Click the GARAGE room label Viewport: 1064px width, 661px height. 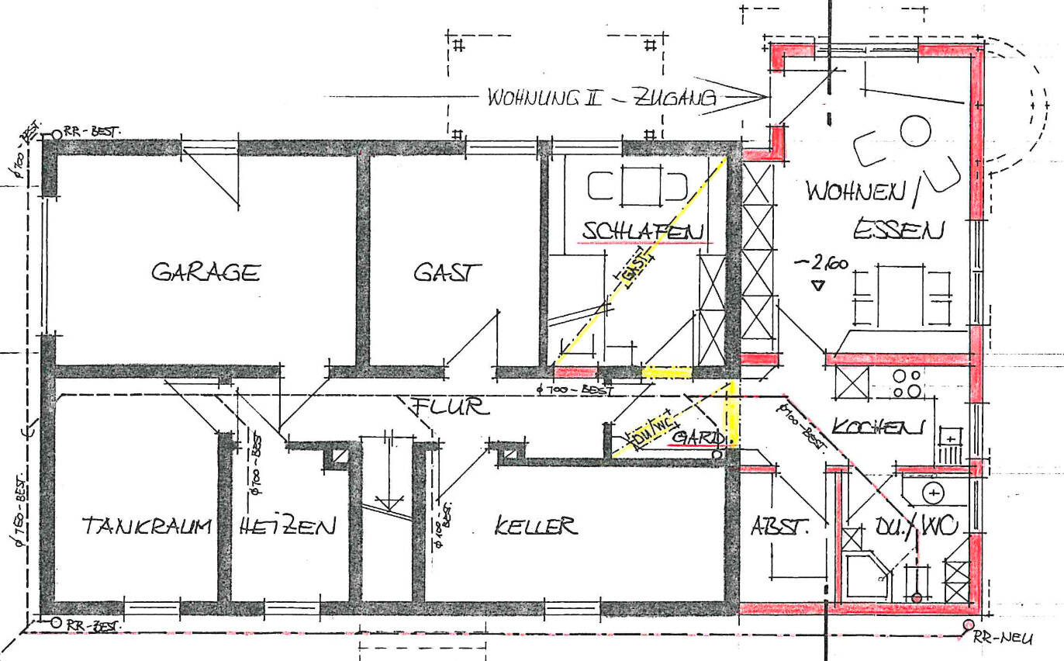pos(206,272)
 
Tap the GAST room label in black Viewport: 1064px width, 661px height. pos(447,272)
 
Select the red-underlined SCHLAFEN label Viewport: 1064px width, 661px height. pos(644,231)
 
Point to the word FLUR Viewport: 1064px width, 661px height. pos(450,406)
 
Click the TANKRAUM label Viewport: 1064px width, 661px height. pos(147,527)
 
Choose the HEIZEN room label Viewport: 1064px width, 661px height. pos(288,527)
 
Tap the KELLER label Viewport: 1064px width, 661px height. pos(536,527)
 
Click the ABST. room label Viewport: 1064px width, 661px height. pos(779,527)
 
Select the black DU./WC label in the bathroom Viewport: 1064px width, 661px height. pos(928,527)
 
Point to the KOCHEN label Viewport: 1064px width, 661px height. pos(879,427)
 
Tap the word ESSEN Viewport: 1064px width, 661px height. pos(899,230)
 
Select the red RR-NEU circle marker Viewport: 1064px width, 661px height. pos(968,625)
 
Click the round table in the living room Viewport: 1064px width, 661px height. pos(915,131)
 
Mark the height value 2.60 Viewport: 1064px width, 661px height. pos(823,264)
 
